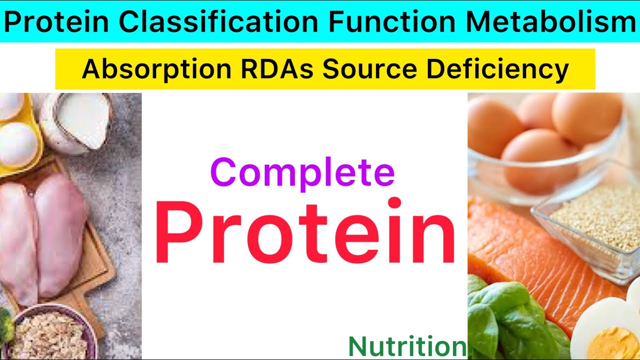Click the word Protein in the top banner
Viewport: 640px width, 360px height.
pyautogui.click(x=57, y=22)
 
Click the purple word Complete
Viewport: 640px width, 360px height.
pyautogui.click(x=302, y=173)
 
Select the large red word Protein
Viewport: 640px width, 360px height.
pyautogui.click(x=305, y=232)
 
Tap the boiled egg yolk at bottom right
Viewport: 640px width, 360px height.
pyautogui.click(x=612, y=342)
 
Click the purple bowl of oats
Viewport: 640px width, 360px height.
pyautogui.click(x=50, y=335)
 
